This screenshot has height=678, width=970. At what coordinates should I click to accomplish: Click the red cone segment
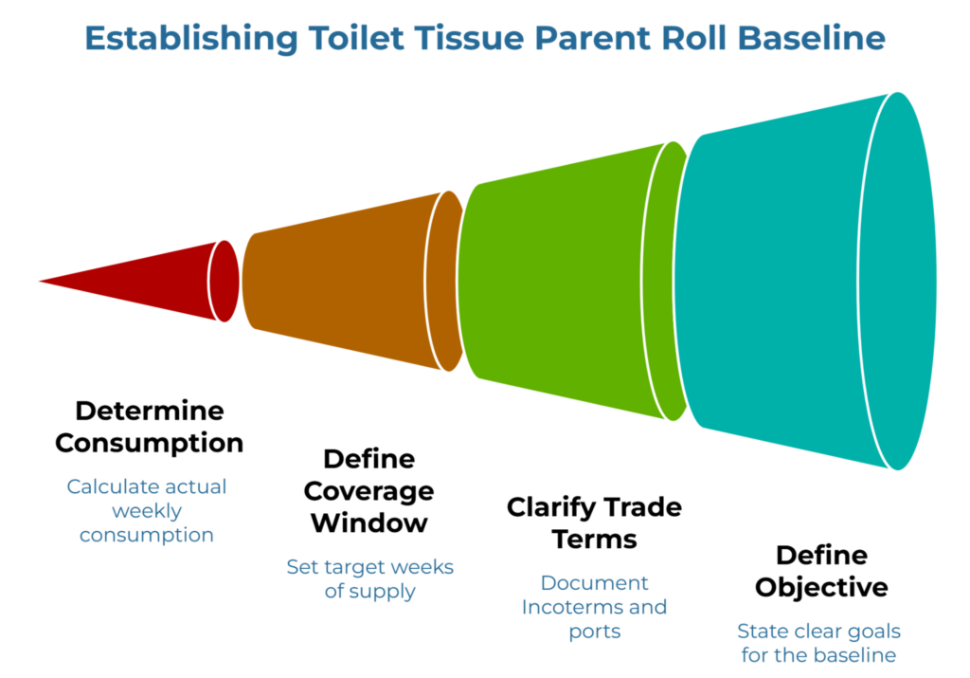161,281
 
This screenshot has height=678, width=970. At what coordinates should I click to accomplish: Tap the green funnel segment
568,281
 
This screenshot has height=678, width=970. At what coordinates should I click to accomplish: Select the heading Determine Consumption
149,427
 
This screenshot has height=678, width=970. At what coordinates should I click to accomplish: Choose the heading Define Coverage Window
369,490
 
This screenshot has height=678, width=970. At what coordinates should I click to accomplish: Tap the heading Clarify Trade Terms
594,522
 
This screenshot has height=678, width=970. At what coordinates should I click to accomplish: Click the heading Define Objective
821,571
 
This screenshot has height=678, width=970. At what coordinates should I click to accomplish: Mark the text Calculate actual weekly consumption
147,511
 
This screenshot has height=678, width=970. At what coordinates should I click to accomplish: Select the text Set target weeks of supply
369,579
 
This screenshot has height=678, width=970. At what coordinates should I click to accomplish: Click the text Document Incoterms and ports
594,607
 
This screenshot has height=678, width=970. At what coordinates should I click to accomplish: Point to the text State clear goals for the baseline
819,643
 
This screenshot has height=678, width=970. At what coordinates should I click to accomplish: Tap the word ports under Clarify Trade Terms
594,632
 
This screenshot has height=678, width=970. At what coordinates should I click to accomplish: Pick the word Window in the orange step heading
369,522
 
